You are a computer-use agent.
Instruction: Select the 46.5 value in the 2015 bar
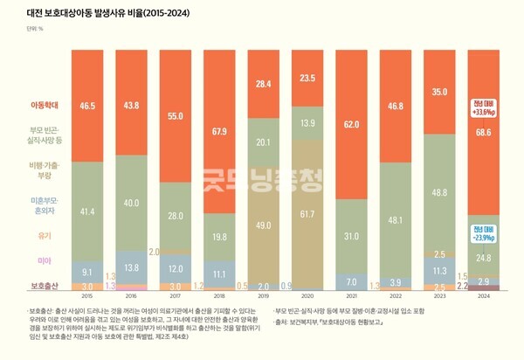click(86, 104)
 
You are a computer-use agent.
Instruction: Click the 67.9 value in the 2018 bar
click(218, 133)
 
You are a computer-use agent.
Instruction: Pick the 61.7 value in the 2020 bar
click(307, 213)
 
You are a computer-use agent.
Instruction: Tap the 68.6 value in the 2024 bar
click(483, 130)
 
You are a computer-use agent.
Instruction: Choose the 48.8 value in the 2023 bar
click(438, 191)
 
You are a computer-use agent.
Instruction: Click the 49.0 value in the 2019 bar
click(263, 225)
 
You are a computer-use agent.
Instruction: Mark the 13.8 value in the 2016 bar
click(130, 267)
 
